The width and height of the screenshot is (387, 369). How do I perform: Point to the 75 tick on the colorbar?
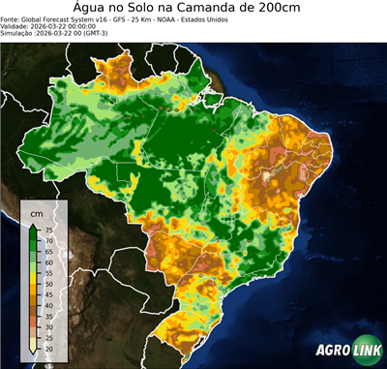(48, 230)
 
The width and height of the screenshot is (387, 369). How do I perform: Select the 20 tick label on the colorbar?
(48, 349)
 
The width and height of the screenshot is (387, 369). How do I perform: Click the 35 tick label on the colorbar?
(48, 316)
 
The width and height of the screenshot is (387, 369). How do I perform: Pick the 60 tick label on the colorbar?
(48, 261)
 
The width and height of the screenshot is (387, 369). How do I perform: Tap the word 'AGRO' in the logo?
(332, 351)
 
